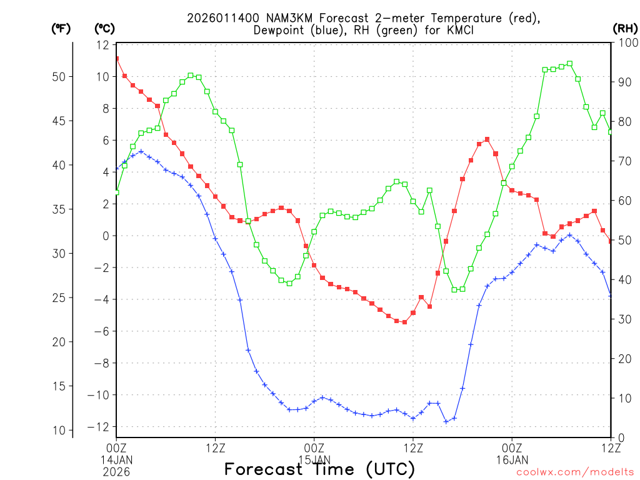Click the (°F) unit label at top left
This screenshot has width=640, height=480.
click(61, 28)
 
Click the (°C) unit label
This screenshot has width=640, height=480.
click(104, 28)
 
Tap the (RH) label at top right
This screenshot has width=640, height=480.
click(625, 28)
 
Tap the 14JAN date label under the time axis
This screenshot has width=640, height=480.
click(116, 459)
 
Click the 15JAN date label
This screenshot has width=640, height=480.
click(314, 459)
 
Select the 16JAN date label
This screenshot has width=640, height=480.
click(512, 459)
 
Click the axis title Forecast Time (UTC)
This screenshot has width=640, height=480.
click(319, 469)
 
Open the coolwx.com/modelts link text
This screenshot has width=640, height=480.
click(575, 472)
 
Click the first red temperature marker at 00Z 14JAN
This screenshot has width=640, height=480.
click(116, 59)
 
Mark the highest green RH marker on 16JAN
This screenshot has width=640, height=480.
click(569, 64)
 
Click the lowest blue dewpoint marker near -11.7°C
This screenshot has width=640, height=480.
click(446, 422)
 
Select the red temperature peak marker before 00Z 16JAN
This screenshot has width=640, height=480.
click(487, 139)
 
